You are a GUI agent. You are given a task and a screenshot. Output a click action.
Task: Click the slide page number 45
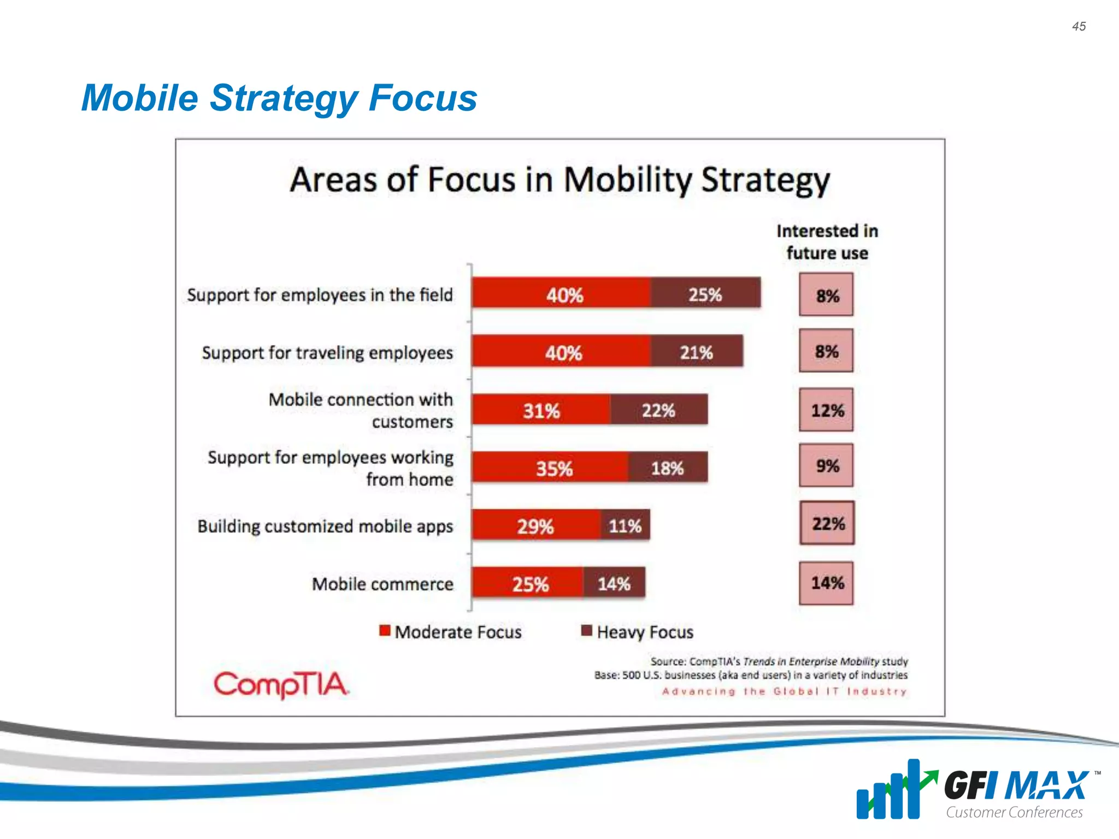coord(1079,26)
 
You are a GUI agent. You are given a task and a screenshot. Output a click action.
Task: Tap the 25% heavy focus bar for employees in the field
coord(705,293)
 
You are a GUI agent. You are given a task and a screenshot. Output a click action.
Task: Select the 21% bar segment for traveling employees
coord(696,351)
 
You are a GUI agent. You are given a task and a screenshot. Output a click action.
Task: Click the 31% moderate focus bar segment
coord(541,410)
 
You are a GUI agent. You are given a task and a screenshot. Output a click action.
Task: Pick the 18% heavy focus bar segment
coord(667,468)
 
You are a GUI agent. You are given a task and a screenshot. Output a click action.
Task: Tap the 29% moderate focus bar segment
coord(535,525)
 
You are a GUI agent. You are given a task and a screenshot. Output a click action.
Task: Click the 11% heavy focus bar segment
coord(625,525)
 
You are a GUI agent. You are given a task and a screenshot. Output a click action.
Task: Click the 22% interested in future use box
coord(827,523)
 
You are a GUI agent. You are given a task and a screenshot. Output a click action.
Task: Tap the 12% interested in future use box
coord(826,410)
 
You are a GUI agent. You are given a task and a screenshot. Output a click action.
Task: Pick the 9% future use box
coord(826,465)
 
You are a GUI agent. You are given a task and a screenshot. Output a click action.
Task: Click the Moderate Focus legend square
coord(385,631)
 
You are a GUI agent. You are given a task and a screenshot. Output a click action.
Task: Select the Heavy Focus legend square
coord(586,631)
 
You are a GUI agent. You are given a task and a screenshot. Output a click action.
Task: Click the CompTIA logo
coord(281,684)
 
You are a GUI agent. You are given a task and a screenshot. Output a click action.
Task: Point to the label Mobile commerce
coord(382,584)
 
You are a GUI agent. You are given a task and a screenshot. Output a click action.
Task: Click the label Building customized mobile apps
coord(325,526)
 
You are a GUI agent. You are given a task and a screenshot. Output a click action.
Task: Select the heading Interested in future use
coord(827,242)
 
